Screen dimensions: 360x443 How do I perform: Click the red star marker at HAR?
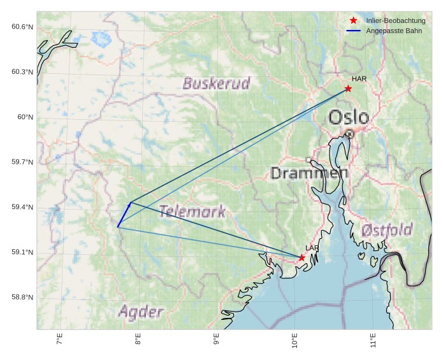[x=348, y=89]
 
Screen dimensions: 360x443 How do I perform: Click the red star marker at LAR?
[x=301, y=257]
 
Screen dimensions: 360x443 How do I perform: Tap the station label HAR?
[x=359, y=79]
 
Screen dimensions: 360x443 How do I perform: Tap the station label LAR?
[x=312, y=248]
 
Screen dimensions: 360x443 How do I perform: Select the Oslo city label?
[x=349, y=117]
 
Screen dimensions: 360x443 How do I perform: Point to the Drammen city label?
[x=309, y=173]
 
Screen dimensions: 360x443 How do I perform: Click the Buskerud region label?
[x=216, y=83]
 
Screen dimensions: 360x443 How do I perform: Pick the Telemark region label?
[x=192, y=212]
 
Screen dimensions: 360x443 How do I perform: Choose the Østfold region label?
[x=386, y=230]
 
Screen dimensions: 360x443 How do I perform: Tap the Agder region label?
[x=140, y=312]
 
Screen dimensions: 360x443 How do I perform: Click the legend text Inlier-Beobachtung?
[x=395, y=21]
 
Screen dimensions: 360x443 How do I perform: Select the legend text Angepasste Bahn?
[x=393, y=31]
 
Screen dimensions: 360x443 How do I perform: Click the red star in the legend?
[x=354, y=21]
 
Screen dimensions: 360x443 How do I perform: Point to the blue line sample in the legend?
[x=354, y=31]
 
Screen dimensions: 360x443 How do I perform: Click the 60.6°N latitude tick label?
[x=22, y=27]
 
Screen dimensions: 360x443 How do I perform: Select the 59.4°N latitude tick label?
[x=22, y=208]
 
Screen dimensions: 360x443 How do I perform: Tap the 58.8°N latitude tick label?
[x=22, y=298]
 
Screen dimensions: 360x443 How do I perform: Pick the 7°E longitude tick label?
[x=59, y=340]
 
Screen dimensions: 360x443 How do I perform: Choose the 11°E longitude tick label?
[x=373, y=340]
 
